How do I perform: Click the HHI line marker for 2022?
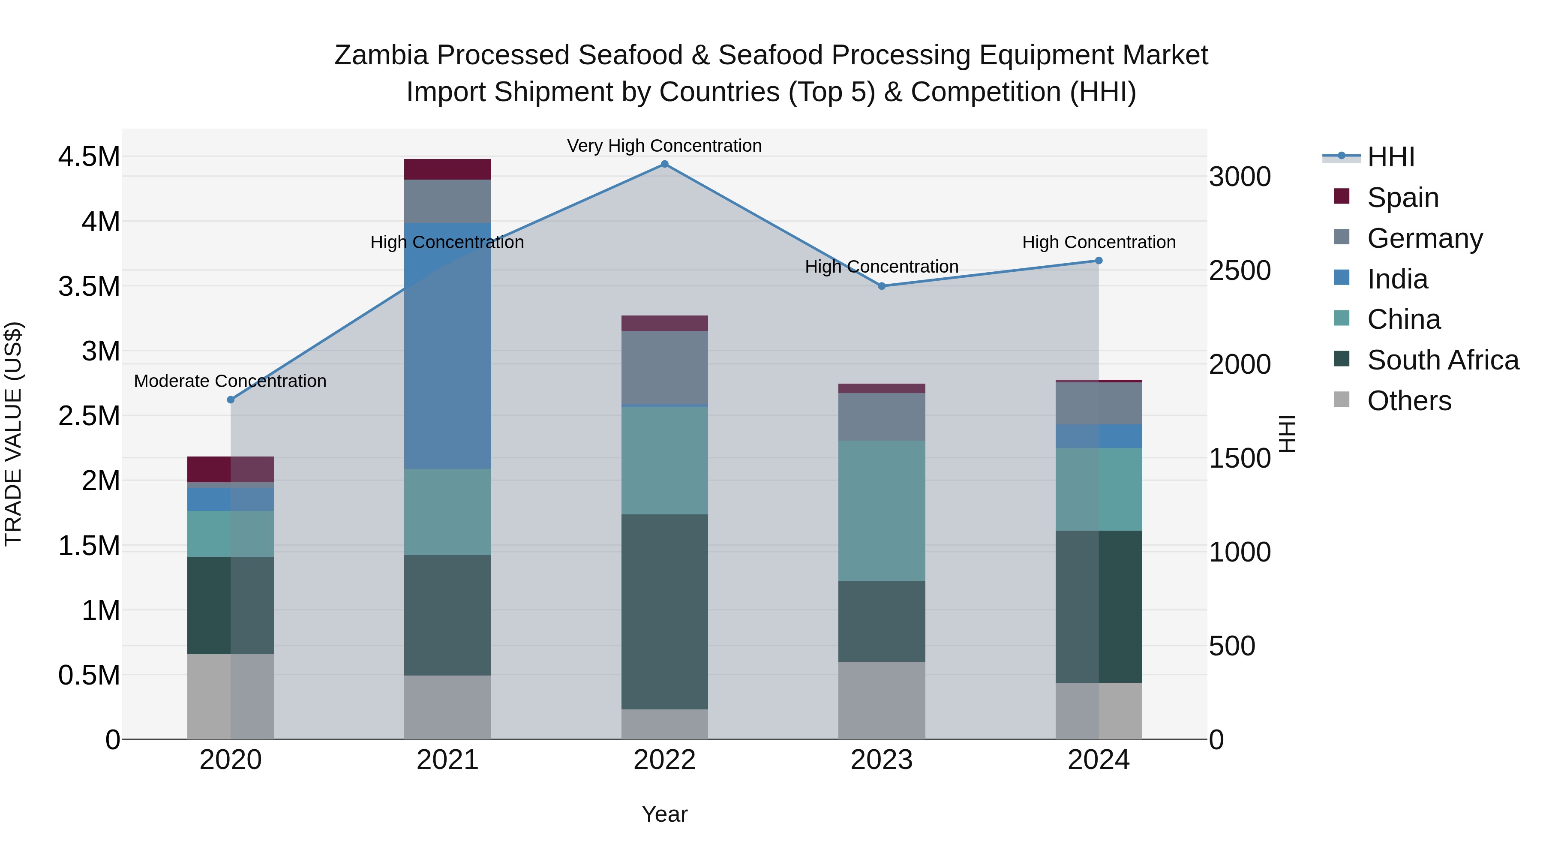click(x=664, y=164)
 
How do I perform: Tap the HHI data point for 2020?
click(x=231, y=399)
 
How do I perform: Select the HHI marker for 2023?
click(x=882, y=286)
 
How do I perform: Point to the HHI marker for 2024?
click(x=1099, y=261)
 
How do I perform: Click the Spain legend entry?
click(x=1402, y=198)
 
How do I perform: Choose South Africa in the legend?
click(x=1442, y=360)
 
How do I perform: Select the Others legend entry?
click(x=1409, y=401)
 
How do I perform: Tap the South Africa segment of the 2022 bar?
click(x=664, y=612)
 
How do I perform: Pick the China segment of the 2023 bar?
click(x=882, y=511)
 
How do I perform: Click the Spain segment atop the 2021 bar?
click(x=447, y=169)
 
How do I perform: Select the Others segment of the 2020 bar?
click(x=231, y=696)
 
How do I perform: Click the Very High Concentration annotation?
click(x=664, y=146)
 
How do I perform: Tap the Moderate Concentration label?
click(x=230, y=381)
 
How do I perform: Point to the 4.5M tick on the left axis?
click(x=89, y=157)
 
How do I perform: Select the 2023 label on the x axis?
click(x=882, y=760)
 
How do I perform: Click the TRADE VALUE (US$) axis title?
click(x=13, y=434)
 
